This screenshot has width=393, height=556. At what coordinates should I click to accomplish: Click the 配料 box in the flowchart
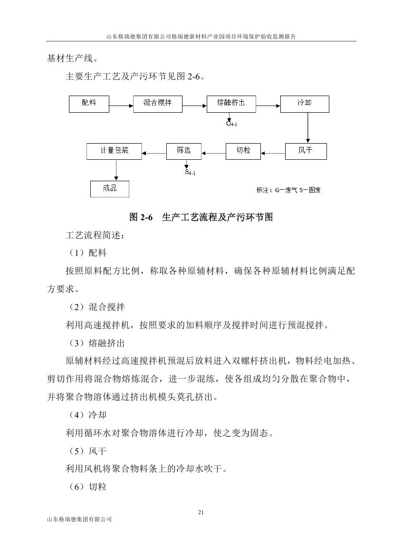89,104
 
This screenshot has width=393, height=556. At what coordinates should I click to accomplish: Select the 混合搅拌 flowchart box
158,104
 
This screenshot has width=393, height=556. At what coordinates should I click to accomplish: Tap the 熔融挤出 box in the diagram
231,104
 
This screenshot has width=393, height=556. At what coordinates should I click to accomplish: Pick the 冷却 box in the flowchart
305,104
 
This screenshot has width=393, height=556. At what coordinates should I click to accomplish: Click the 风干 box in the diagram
306,151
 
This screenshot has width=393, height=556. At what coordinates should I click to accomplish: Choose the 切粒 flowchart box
244,151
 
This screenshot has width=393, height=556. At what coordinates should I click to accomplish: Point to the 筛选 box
184,151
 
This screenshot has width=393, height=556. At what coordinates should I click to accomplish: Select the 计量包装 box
115,151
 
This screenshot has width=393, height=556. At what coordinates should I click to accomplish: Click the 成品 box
110,189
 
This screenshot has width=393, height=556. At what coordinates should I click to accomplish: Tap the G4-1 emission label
231,124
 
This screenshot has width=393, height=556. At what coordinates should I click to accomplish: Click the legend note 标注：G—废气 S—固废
288,190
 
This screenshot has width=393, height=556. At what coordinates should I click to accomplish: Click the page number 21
201,512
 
